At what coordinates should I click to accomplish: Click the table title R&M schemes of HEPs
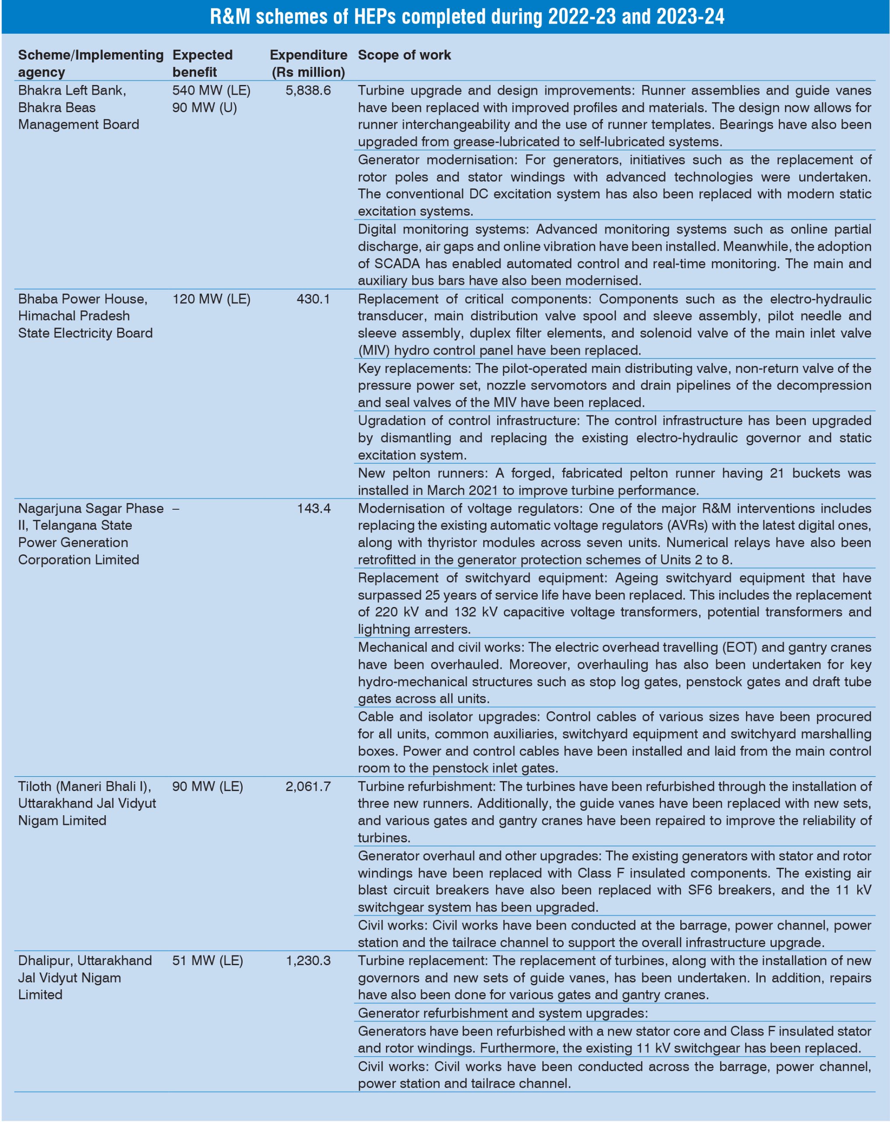click(x=466, y=17)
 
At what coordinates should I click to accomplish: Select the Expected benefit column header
click(x=202, y=63)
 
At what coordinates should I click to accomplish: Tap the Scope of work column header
click(x=404, y=55)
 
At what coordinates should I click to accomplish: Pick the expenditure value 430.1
click(x=313, y=299)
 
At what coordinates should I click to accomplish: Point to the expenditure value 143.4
click(x=314, y=508)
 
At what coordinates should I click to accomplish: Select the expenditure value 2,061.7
click(x=308, y=786)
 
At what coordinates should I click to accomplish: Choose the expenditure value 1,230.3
click(x=308, y=960)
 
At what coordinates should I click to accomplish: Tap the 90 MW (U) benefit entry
click(x=205, y=107)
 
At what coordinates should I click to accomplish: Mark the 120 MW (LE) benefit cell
click(x=211, y=299)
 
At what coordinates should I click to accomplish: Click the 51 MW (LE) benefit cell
click(x=208, y=960)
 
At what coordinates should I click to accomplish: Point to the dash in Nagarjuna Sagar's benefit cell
click(x=176, y=508)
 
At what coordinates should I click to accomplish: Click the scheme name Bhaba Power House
click(x=83, y=299)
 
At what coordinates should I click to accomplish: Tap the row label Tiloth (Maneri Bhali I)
click(x=84, y=786)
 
